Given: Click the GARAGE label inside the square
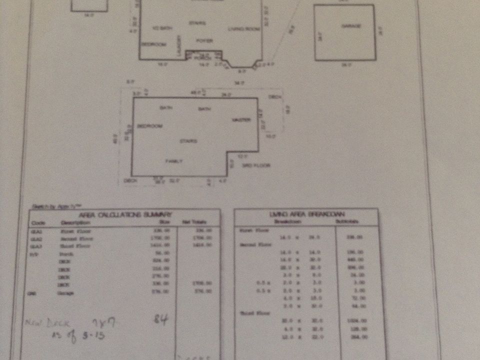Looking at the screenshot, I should pyautogui.click(x=351, y=25).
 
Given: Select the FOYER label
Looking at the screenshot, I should pyautogui.click(x=204, y=40).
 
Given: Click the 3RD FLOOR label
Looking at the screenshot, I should pyautogui.click(x=256, y=165).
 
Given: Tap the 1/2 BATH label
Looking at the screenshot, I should pyautogui.click(x=162, y=29).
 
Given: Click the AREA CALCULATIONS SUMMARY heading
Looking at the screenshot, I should pyautogui.click(x=125, y=214).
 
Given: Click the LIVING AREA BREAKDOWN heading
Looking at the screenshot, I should pyautogui.click(x=305, y=214).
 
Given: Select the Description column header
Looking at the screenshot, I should pyautogui.click(x=72, y=222).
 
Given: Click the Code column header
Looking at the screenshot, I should pyautogui.click(x=38, y=222).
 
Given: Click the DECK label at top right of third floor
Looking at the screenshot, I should pyautogui.click(x=274, y=97).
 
